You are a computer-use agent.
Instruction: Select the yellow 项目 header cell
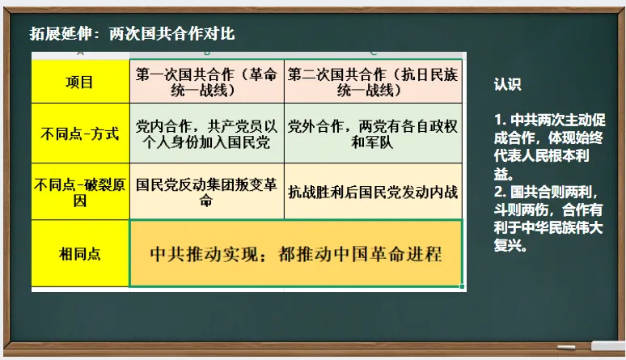(79, 82)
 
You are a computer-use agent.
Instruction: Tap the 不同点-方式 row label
(79, 133)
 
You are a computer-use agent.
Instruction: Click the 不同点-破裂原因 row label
(79, 192)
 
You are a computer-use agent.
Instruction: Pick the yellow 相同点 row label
(79, 254)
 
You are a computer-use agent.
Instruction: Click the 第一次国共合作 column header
(206, 82)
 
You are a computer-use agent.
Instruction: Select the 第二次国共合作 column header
(373, 82)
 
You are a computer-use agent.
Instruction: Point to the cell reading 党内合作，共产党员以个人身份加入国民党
(206, 134)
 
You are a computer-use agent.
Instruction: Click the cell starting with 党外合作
(373, 134)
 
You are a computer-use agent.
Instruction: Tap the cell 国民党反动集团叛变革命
(206, 192)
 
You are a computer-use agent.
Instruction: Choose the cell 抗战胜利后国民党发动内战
(373, 193)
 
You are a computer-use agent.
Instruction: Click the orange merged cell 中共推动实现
(296, 254)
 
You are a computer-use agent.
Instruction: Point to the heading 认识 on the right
(507, 84)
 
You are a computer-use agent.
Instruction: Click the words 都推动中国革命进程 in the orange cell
(360, 254)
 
